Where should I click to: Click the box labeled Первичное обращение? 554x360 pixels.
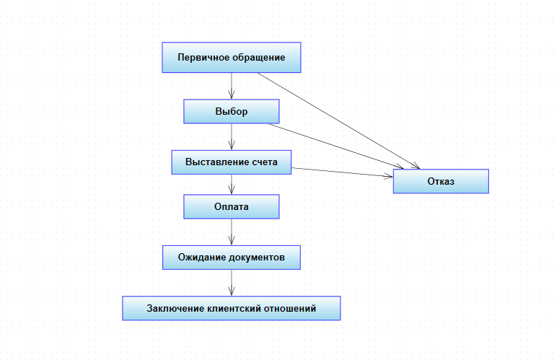[231, 58]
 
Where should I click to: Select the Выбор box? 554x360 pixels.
[231, 112]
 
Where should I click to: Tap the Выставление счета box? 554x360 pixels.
[231, 162]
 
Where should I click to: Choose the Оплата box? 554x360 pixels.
[231, 207]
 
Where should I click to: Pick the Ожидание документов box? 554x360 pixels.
[231, 258]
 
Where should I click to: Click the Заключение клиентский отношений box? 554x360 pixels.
[231, 308]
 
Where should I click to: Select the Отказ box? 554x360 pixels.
[441, 181]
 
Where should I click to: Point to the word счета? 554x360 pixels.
[264, 162]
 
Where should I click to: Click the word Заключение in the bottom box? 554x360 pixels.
[174, 308]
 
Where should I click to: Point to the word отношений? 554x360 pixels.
[291, 308]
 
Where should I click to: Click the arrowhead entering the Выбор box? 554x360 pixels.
[231, 95]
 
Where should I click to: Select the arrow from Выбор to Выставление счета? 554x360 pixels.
[231, 136]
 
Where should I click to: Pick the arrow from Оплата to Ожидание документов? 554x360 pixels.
[231, 232]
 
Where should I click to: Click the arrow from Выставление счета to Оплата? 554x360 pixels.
[231, 184]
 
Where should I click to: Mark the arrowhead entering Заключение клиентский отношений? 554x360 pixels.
[231, 291]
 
